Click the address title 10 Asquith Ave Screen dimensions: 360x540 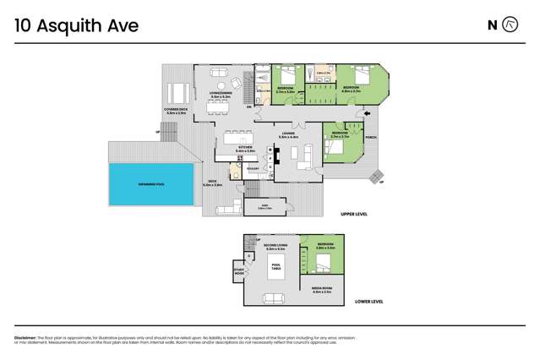pos(76,26)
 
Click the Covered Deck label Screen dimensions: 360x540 pos(176,111)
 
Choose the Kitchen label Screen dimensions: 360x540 pos(245,149)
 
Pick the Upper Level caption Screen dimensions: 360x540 pos(352,215)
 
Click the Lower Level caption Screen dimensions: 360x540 pos(368,301)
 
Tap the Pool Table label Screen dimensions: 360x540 pos(276,266)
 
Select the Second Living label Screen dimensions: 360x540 pos(275,248)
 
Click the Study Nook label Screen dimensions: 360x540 pos(239,272)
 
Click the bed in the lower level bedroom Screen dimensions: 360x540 pos(325,264)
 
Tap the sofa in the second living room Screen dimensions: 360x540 pos(273,297)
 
